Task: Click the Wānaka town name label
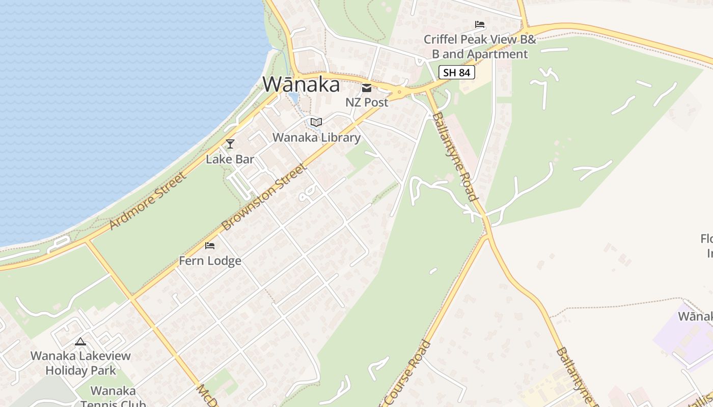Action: tap(301, 84)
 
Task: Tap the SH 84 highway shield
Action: tap(456, 72)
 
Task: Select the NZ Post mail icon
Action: tap(367, 88)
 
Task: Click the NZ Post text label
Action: tap(367, 102)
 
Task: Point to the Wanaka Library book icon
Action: tap(316, 122)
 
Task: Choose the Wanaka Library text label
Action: tap(316, 137)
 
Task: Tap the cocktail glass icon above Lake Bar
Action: tap(230, 144)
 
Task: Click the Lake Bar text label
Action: tap(230, 159)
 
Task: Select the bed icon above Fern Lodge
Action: tap(210, 246)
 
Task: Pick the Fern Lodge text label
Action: tap(210, 261)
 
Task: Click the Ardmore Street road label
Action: tap(148, 200)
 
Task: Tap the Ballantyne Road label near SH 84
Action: tap(455, 156)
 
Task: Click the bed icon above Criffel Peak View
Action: tap(479, 24)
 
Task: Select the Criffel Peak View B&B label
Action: tap(480, 46)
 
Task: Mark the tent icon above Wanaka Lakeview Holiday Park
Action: tap(80, 341)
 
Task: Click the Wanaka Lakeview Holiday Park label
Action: tap(80, 363)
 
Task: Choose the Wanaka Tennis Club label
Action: tap(113, 397)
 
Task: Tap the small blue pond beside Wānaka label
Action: tap(294, 98)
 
